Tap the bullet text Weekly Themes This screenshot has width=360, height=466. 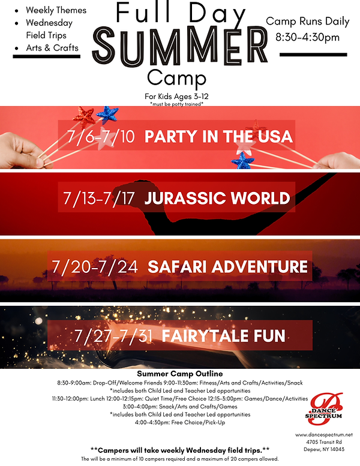(56, 10)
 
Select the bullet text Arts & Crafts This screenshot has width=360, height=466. (52, 47)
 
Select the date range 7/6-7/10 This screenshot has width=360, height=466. (101, 136)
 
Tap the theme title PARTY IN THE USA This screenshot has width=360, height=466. (218, 136)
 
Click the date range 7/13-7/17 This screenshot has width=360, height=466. (97, 198)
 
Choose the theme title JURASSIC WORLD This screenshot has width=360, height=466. (217, 198)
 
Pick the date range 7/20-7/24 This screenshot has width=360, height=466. (94, 266)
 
